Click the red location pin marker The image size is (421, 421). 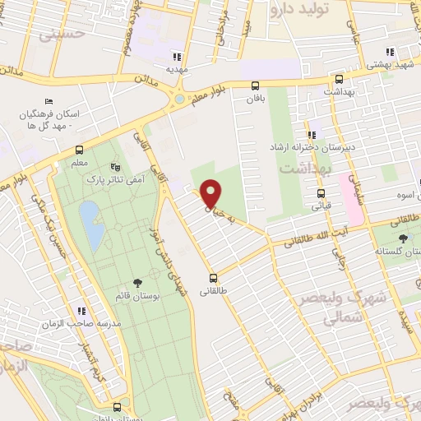211,192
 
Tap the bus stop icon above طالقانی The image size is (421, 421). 214,277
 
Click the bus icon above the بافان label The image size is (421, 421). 255,85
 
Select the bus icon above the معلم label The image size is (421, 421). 80,150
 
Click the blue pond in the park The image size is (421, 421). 91,227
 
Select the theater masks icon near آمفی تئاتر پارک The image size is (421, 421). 125,166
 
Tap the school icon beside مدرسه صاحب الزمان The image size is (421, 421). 81,311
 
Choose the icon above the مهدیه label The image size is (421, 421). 176,57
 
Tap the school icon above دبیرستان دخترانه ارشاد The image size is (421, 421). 312,135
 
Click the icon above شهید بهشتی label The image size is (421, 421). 390,50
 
